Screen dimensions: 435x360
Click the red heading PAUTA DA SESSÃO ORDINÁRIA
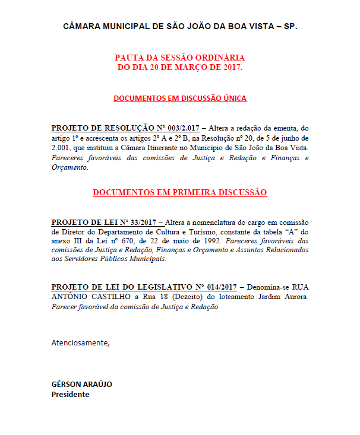pos(180,58)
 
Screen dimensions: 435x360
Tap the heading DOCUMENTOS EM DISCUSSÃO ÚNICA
pos(180,98)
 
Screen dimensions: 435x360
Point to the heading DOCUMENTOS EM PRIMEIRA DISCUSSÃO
pos(180,192)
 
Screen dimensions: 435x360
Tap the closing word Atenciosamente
pos(80,342)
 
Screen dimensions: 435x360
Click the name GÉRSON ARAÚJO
pos(81,384)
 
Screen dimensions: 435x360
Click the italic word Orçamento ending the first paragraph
pos(69,167)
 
